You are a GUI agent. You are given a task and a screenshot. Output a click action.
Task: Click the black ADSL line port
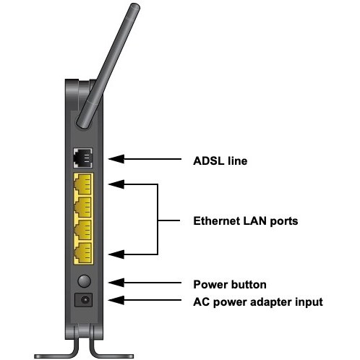(x=82, y=158)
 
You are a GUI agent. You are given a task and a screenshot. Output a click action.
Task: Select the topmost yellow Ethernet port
(x=83, y=184)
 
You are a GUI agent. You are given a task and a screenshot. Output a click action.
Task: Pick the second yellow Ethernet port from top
(x=83, y=207)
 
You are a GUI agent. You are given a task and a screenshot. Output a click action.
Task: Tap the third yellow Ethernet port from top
(x=83, y=230)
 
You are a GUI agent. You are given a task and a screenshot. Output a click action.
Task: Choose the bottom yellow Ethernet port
(x=83, y=253)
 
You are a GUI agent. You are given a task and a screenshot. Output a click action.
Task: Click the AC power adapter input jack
(x=84, y=300)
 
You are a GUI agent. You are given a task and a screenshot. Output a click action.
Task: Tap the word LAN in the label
(x=254, y=221)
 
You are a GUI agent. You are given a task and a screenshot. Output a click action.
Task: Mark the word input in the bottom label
(x=309, y=302)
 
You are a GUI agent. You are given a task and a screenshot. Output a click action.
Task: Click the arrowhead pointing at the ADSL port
(x=116, y=159)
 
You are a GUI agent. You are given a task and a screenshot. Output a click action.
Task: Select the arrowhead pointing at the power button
(x=116, y=283)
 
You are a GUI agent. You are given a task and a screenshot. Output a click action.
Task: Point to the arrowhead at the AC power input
(x=116, y=300)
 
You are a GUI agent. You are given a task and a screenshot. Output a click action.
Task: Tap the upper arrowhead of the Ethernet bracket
(x=116, y=184)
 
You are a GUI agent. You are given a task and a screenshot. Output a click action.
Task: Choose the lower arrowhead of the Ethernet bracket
(x=116, y=254)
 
